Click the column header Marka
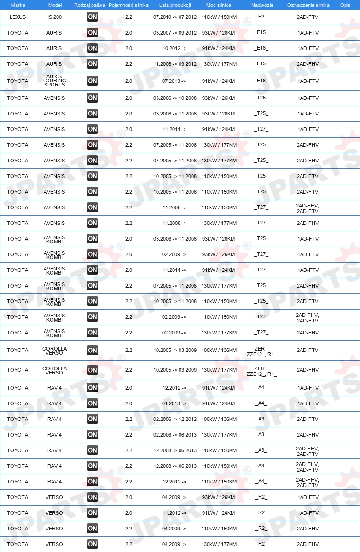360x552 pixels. tap(18, 5)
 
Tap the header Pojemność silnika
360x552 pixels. tap(128, 5)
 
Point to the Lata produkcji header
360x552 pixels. tap(175, 5)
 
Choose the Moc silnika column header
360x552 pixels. tap(219, 5)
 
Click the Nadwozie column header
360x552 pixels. tap(262, 5)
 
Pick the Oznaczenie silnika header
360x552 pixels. tap(308, 5)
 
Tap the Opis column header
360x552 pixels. tap(345, 5)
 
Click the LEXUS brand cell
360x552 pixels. tap(17, 17)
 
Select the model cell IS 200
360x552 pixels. tap(54, 17)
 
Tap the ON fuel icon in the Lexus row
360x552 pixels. tap(93, 17)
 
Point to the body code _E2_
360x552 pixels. tap(261, 17)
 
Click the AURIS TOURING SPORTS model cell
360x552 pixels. tap(54, 81)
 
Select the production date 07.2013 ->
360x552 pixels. tap(174, 81)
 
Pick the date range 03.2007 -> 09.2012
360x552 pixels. tap(175, 33)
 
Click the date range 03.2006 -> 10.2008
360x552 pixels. tap(175, 98)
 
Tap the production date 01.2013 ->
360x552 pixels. tap(174, 403)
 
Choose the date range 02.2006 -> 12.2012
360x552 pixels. tap(175, 419)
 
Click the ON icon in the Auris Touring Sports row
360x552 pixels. tap(93, 81)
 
